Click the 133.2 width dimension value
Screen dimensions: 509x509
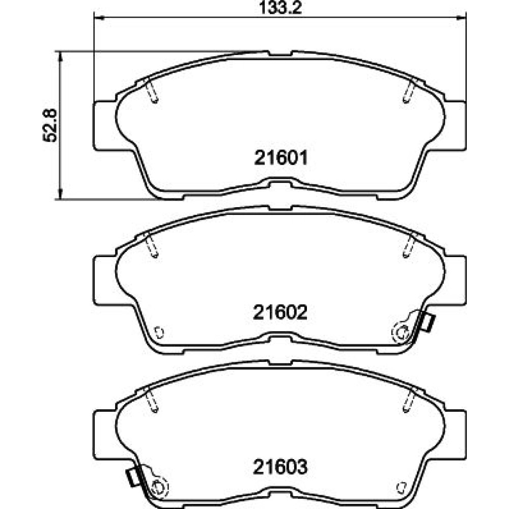click(280, 8)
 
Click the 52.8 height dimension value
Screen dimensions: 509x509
click(50, 125)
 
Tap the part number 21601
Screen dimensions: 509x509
click(280, 158)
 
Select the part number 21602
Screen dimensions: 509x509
click(280, 313)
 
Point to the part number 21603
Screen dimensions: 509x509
click(280, 467)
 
